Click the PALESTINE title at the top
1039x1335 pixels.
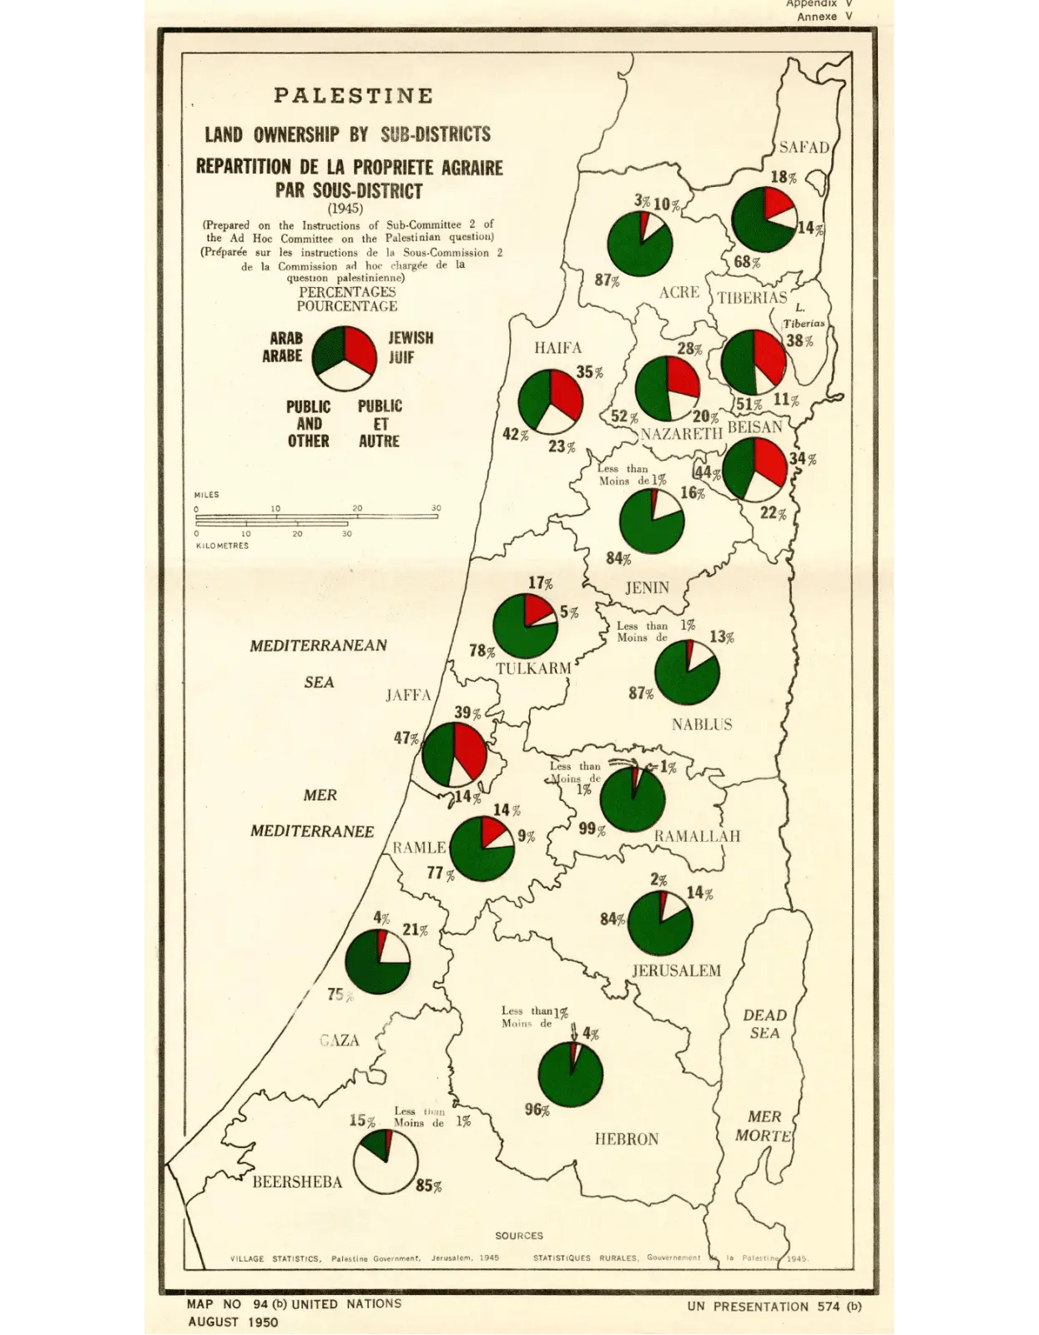(x=353, y=96)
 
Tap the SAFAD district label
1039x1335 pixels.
(x=804, y=148)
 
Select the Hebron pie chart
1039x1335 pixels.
(x=571, y=1075)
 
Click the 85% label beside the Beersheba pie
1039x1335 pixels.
(x=429, y=1186)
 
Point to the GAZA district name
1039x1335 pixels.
(x=339, y=1040)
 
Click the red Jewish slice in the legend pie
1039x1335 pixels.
(x=358, y=350)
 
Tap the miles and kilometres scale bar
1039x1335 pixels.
(x=317, y=520)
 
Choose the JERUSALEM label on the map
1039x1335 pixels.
(x=675, y=970)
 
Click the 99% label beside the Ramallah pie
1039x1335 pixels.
(x=592, y=829)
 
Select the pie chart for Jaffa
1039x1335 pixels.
(x=454, y=754)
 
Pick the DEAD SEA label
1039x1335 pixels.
(x=764, y=1024)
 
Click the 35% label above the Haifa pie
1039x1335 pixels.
(x=589, y=372)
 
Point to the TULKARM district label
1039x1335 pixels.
(x=533, y=668)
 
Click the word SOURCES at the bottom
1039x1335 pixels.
(x=518, y=1236)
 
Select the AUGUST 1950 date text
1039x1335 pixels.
(x=233, y=1322)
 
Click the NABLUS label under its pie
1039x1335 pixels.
(x=702, y=724)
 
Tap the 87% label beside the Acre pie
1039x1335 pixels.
(x=607, y=280)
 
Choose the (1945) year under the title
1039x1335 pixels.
(x=345, y=209)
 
